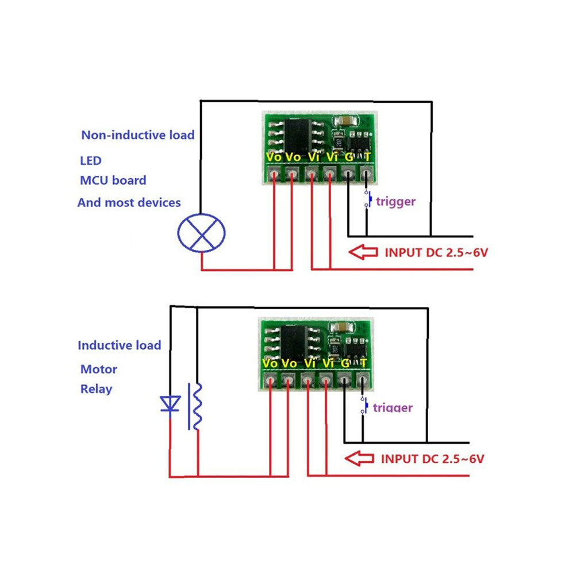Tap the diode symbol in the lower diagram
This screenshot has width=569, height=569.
[170, 404]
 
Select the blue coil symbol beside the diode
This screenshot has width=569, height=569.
[195, 406]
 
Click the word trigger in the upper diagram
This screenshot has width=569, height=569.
[395, 202]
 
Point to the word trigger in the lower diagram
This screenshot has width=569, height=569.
[393, 408]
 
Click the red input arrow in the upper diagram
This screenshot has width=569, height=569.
[363, 252]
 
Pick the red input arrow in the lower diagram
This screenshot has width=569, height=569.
[359, 458]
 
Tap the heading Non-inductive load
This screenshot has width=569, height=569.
[138, 135]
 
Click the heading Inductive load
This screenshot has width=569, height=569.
[120, 345]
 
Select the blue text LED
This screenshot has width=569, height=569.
[91, 161]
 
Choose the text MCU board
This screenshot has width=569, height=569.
[113, 180]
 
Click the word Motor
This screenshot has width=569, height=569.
[99, 370]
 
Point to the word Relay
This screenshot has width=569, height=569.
[96, 389]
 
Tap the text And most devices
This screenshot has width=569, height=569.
[129, 202]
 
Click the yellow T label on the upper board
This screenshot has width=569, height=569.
[367, 157]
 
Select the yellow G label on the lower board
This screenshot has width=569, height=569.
[345, 363]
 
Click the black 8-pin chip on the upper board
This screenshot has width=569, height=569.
[298, 136]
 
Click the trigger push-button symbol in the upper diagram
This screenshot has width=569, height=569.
[368, 199]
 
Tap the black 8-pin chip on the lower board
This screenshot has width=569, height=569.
[294, 343]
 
